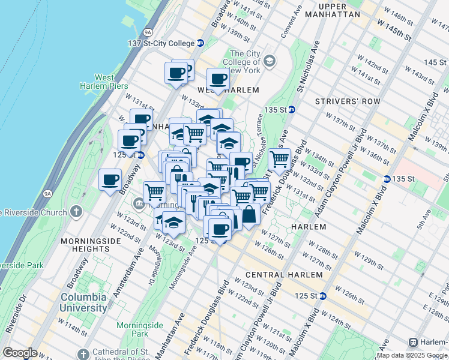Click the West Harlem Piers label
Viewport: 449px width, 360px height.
coord(104,82)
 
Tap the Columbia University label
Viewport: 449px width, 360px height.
coord(83,302)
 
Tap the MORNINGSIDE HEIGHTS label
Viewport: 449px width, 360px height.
coord(92,241)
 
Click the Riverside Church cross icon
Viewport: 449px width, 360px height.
coord(76,212)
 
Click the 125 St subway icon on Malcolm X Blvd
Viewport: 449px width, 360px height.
coord(323,296)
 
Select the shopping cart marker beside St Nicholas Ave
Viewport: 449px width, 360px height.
coord(279,160)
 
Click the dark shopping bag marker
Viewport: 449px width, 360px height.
coord(249,214)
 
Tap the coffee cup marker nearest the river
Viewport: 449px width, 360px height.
coord(110,179)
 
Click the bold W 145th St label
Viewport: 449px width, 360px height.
coord(394,31)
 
